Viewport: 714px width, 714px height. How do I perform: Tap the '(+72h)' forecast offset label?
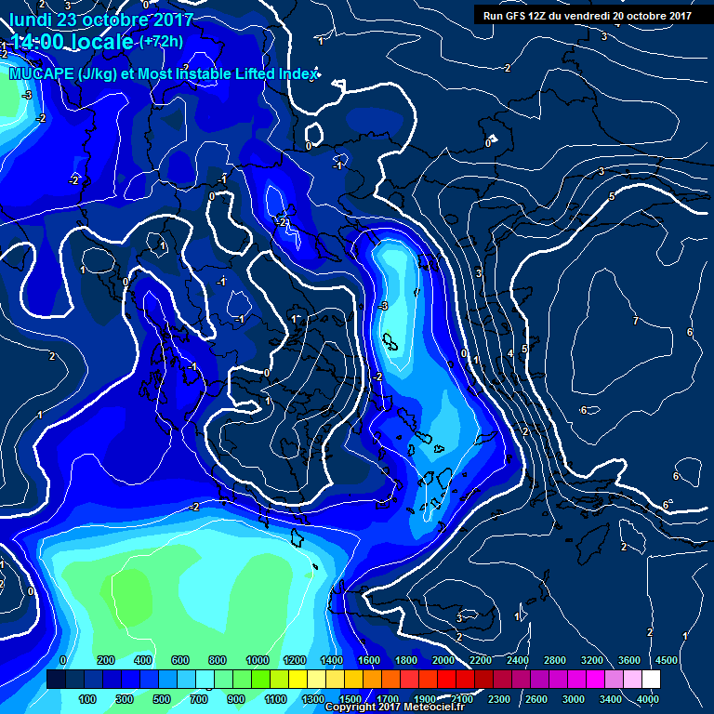[x=161, y=41]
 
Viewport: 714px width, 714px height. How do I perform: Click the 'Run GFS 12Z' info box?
[x=586, y=15]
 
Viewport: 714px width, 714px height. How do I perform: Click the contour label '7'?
[x=635, y=321]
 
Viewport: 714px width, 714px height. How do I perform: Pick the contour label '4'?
[x=510, y=354]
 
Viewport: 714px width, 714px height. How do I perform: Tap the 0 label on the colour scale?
[x=62, y=659]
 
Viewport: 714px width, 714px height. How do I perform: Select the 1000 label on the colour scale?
[x=258, y=659]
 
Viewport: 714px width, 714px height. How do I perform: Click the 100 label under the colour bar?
[x=87, y=699]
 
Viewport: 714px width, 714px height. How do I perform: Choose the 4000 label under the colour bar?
[x=649, y=699]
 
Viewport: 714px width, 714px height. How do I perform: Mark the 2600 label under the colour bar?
[x=536, y=699]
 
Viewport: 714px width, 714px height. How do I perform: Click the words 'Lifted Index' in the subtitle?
[x=273, y=74]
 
